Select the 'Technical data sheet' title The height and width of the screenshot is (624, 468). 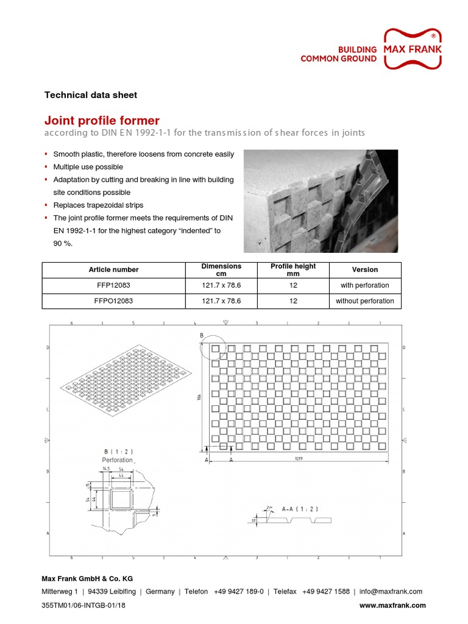[91, 95]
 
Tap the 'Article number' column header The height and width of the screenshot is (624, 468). [113, 270]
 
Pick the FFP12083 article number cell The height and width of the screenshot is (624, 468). [113, 285]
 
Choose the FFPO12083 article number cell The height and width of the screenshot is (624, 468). [113, 301]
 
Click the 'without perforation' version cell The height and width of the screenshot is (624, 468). [364, 301]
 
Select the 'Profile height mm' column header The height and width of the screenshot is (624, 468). [293, 270]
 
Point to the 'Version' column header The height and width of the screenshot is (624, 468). [364, 270]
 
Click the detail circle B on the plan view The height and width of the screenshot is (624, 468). [213, 348]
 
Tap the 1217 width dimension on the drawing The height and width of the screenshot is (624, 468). [299, 458]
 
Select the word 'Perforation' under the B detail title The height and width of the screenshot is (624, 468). [118, 460]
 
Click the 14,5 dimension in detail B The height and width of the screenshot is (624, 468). [106, 468]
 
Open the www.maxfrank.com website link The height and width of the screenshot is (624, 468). [392, 605]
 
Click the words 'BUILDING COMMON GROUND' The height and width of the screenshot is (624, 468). [338, 54]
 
